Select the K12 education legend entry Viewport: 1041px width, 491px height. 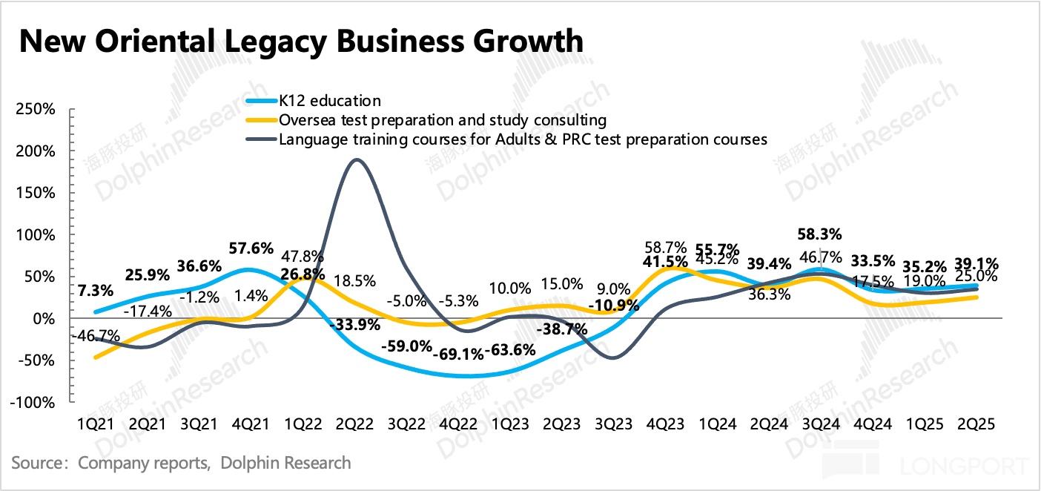tap(330, 101)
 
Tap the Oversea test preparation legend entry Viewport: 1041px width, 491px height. tap(443, 119)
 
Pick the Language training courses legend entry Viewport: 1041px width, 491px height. tap(523, 139)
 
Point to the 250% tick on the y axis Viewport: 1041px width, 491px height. tap(36, 109)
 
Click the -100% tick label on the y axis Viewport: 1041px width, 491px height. tap(33, 403)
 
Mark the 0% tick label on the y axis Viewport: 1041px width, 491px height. tap(44, 319)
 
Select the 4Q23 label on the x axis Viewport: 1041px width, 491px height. tap(667, 425)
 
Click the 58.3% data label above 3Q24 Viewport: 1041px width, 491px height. tap(819, 234)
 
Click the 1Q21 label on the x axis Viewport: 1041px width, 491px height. tap(96, 425)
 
